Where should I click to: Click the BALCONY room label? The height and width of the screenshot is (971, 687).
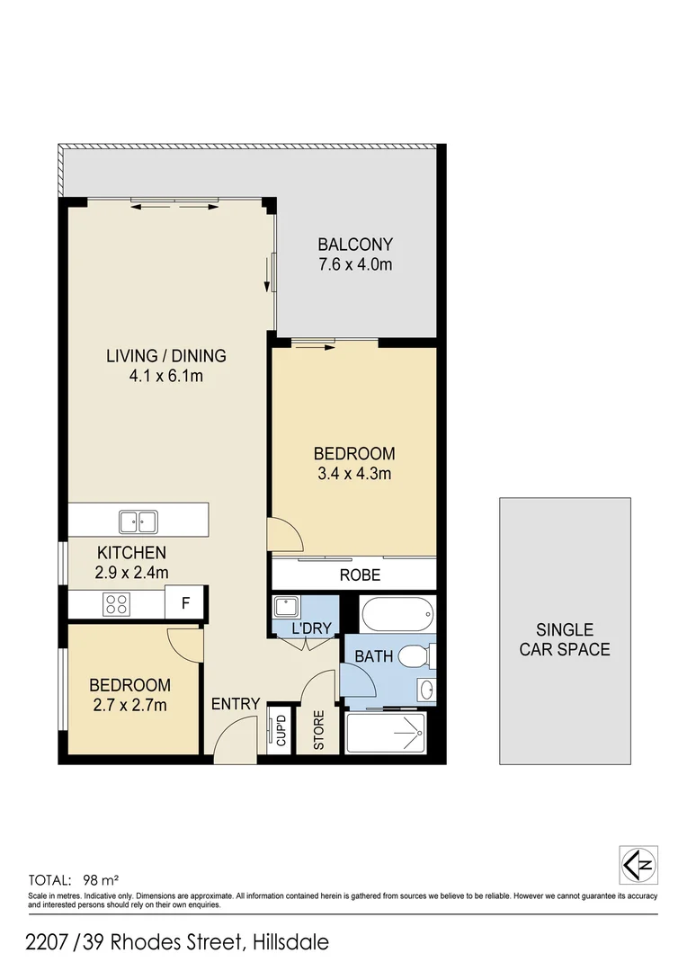[x=355, y=244]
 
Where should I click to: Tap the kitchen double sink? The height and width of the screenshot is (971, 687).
[x=138, y=521]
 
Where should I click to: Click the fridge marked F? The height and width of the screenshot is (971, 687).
[x=186, y=603]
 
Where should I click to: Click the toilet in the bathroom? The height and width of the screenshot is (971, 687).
[x=415, y=656]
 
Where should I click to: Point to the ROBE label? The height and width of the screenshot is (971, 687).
[x=359, y=575]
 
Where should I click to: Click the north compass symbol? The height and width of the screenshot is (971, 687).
[x=638, y=865]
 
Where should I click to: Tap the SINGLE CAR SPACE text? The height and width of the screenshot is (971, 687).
[x=565, y=639]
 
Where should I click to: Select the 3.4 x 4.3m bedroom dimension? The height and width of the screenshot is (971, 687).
[x=353, y=474]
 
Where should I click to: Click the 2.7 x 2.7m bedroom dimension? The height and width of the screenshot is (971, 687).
[x=129, y=705]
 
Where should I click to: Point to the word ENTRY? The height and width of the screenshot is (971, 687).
[x=236, y=704]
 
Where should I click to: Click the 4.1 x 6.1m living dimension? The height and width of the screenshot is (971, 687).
[x=166, y=376]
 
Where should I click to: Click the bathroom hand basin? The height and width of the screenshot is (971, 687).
[x=425, y=690]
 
